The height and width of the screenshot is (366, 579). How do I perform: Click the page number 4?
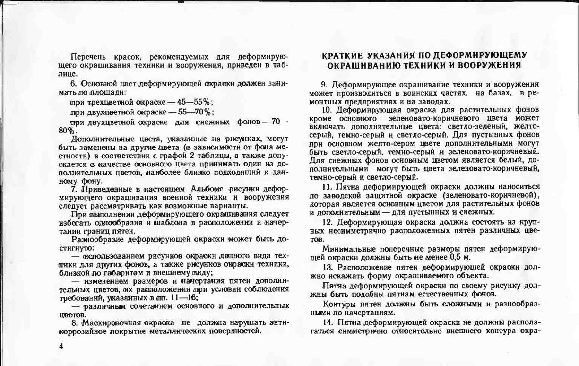(61, 347)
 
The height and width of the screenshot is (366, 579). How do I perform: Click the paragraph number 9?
(324, 84)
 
